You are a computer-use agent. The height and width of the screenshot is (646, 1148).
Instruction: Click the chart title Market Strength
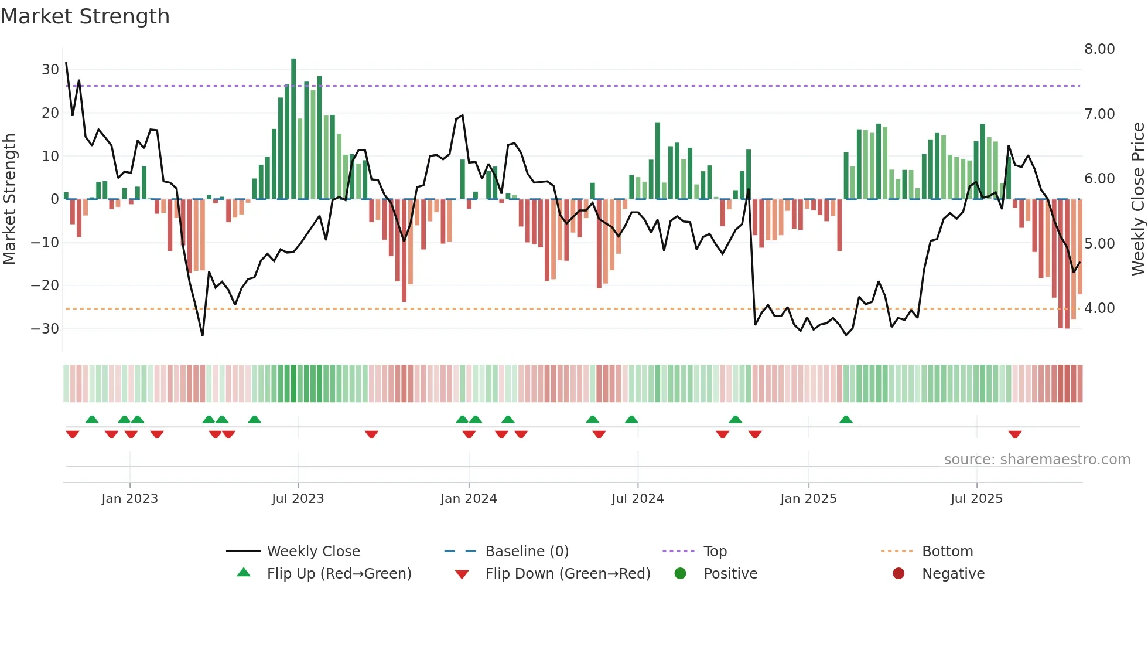[x=85, y=16]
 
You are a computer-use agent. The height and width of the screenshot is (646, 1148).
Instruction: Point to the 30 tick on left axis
[x=50, y=70]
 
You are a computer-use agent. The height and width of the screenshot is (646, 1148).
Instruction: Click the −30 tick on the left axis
[x=45, y=329]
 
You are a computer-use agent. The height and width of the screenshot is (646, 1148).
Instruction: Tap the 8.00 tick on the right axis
[x=1099, y=49]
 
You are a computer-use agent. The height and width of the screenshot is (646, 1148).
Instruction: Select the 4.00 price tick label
[x=1099, y=308]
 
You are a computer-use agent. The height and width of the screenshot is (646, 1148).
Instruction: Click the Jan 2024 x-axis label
[x=469, y=499]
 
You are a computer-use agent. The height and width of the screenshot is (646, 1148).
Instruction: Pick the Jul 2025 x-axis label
[x=976, y=499]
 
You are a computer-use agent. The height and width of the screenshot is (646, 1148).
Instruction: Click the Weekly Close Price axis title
[x=1138, y=199]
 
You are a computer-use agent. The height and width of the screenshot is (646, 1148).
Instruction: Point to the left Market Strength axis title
[x=9, y=199]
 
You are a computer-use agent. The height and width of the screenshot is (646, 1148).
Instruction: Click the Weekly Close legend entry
[x=313, y=552]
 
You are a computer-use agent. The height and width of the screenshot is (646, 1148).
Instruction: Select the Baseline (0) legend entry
[x=527, y=552]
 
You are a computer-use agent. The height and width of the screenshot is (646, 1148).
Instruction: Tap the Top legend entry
[x=715, y=552]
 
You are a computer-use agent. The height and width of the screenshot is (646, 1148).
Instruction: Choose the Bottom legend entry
[x=947, y=552]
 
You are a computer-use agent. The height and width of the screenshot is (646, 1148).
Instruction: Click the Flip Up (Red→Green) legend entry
[x=339, y=574]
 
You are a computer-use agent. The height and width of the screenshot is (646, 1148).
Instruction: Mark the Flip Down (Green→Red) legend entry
[x=568, y=574]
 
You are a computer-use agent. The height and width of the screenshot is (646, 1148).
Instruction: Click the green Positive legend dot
[x=680, y=573]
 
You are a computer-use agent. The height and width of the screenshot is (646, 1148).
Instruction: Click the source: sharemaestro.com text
[x=1037, y=460]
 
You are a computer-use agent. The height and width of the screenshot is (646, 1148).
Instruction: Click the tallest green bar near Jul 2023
[x=293, y=129]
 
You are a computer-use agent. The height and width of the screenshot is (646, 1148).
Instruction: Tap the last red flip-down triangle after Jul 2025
[x=1015, y=434]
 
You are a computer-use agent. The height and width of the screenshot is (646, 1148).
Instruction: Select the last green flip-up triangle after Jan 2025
[x=846, y=419]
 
